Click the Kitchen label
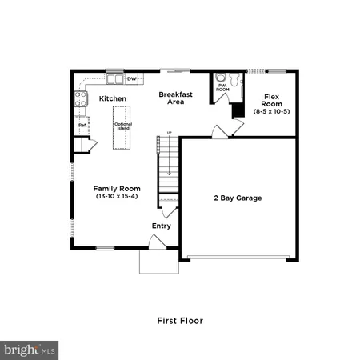pos(112,98)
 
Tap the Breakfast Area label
pos(171,98)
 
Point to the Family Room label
pos(111,189)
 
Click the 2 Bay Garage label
pos(238,198)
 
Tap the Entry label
pos(162,226)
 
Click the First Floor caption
pos(179,321)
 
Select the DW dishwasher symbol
pos(130,78)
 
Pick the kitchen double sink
pos(114,79)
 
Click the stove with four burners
pos(81,99)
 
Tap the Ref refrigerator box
pos(82,125)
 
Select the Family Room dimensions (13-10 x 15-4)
pos(111,196)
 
